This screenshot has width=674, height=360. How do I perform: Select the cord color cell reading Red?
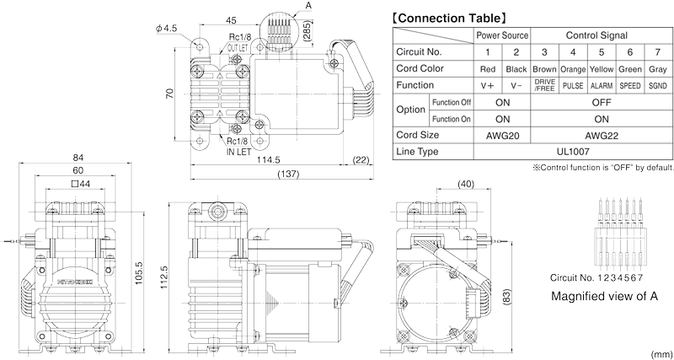pos(487,68)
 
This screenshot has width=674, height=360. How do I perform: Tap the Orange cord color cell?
pos(573,68)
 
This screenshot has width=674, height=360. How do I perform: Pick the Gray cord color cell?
pos(659,68)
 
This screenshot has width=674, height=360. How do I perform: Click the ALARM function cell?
pos(602,85)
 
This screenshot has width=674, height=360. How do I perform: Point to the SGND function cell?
pos(659,85)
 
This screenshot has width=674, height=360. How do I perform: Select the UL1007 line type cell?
pos(573,151)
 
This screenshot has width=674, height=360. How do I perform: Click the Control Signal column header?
pos(602,35)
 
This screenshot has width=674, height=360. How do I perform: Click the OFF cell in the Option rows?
pos(602,102)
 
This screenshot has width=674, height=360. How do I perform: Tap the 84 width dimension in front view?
pos(77,158)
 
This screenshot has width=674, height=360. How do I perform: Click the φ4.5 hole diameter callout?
pos(166,28)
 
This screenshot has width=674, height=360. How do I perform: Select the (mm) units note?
pos(661,354)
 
